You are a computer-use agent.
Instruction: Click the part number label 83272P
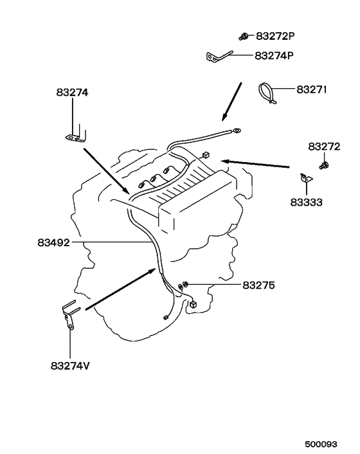(x=275, y=36)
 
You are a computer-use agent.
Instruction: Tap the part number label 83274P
(x=274, y=55)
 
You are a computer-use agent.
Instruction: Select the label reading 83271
(x=312, y=89)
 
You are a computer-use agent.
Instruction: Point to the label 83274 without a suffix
(x=72, y=93)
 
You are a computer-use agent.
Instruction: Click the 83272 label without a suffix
(x=324, y=147)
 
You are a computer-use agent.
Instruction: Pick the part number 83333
(x=306, y=202)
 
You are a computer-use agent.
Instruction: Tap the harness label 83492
(x=54, y=242)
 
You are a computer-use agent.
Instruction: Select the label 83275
(x=258, y=286)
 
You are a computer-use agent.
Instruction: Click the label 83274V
(x=70, y=366)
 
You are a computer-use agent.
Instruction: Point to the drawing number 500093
(x=321, y=444)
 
